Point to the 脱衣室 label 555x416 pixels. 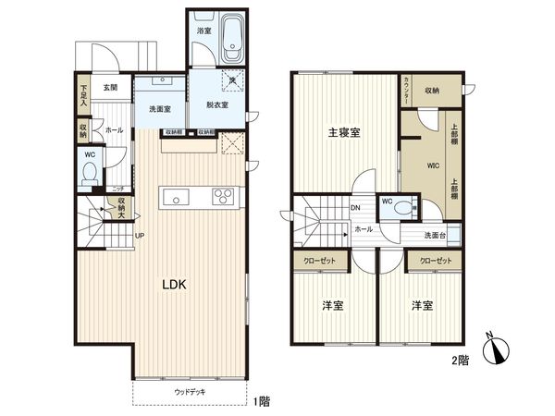click(x=217, y=104)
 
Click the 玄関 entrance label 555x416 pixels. click(x=111, y=88)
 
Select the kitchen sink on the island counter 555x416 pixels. click(x=178, y=197)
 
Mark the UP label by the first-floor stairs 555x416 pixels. click(x=139, y=235)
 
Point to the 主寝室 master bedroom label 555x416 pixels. click(x=344, y=132)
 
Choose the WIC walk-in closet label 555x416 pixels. click(x=432, y=166)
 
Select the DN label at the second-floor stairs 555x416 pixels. click(x=355, y=208)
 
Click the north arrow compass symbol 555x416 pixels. click(x=500, y=349)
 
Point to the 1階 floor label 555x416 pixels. click(x=262, y=400)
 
